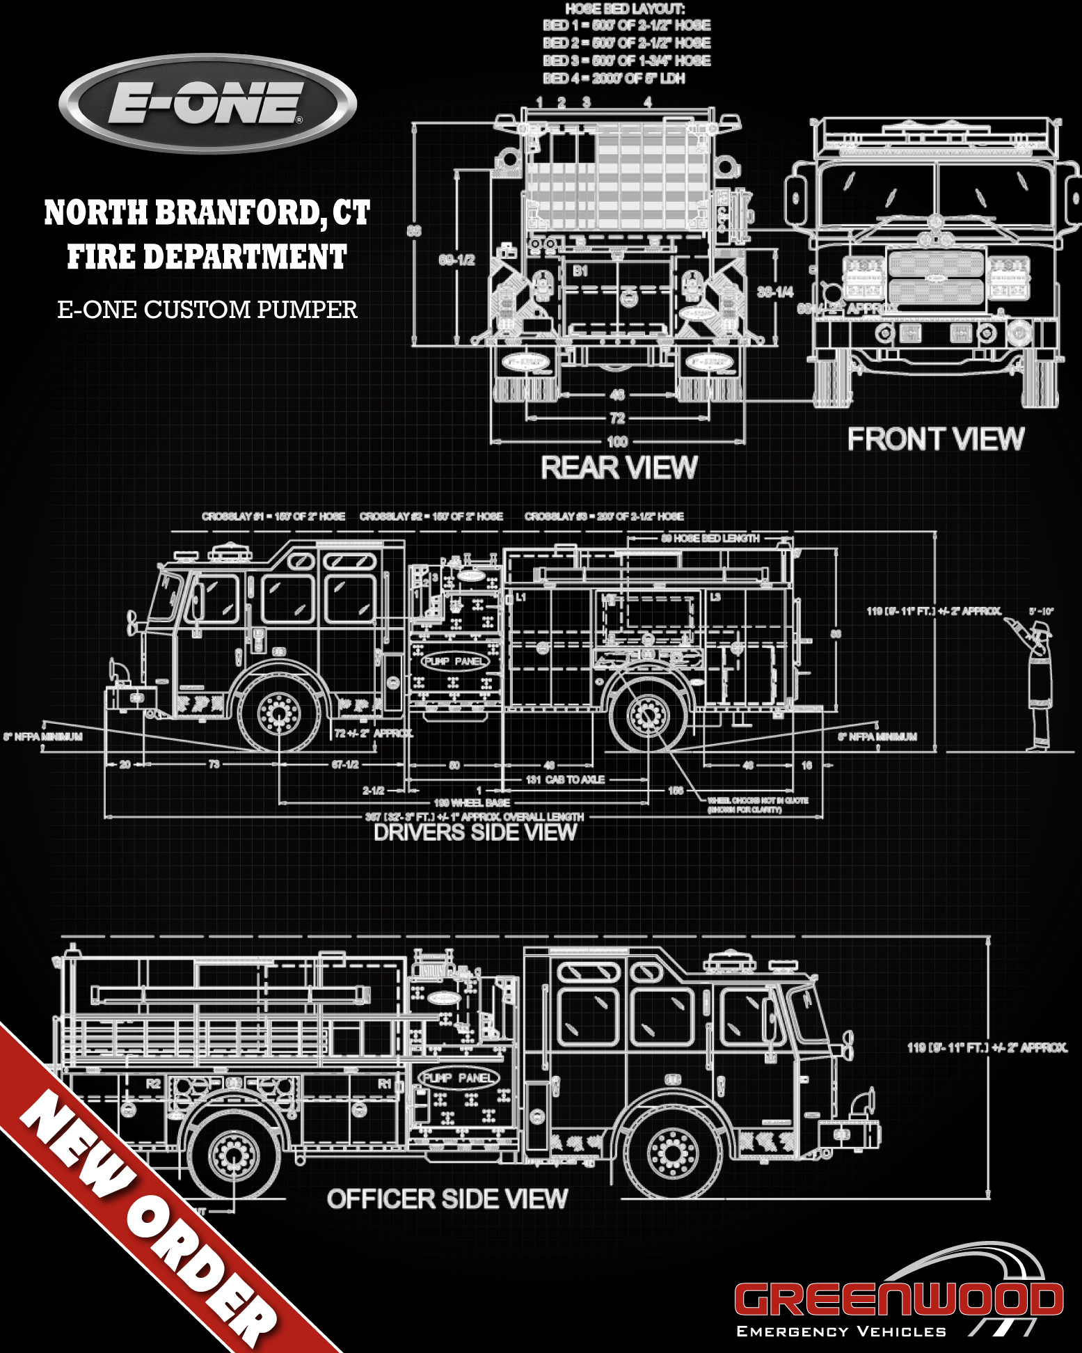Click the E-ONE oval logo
[x=207, y=103]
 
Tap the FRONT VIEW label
[x=935, y=439]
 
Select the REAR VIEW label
[x=619, y=468]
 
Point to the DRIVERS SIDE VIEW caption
[x=475, y=832]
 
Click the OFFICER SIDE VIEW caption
[x=447, y=1198]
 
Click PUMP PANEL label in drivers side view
[x=454, y=660]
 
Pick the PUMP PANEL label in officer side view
[x=459, y=1078]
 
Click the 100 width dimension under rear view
[x=617, y=441]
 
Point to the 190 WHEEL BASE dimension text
[x=472, y=802]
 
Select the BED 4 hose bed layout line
[x=614, y=79]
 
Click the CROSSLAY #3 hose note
[x=604, y=516]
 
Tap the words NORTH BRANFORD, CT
[x=207, y=212]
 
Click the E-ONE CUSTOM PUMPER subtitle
[x=207, y=309]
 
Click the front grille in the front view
[x=936, y=277]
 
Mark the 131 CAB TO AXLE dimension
[x=566, y=780]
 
